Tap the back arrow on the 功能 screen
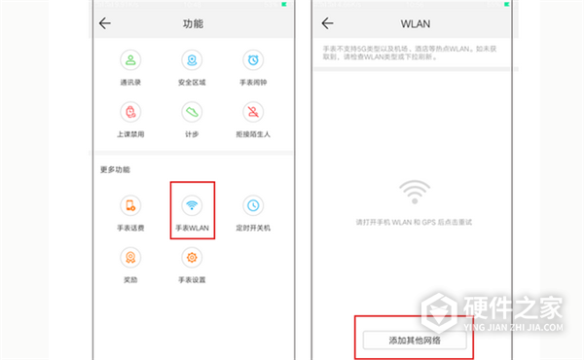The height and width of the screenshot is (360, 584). [x=105, y=22]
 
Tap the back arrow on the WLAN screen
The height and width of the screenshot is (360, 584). [x=327, y=22]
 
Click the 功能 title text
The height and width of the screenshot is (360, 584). [x=193, y=22]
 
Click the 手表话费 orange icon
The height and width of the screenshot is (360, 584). [x=131, y=205]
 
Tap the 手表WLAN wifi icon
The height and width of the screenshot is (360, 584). [x=193, y=205]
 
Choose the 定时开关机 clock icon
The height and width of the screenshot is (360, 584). [x=252, y=205]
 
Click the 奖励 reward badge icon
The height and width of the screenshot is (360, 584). [x=131, y=257]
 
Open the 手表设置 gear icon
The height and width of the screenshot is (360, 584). [x=193, y=257]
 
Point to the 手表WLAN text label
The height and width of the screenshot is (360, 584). [x=193, y=228]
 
